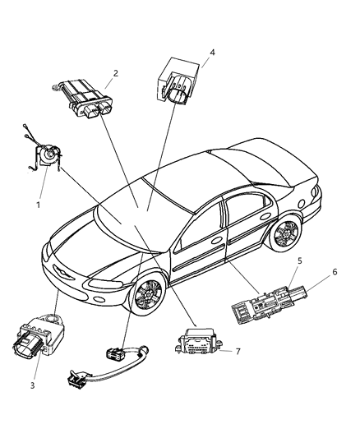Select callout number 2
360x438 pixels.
pyautogui.click(x=115, y=73)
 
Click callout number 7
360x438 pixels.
pyautogui.click(x=238, y=351)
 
